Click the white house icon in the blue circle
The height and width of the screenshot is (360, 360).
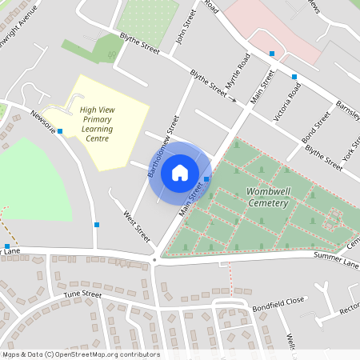coord(180,172)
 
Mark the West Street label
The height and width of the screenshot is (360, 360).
coord(137,226)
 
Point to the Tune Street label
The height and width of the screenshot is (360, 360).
coord(82,295)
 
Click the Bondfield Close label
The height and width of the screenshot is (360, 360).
coord(278,303)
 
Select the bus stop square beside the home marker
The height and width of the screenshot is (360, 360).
coord(207,179)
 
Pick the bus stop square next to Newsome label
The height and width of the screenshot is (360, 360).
coord(60,131)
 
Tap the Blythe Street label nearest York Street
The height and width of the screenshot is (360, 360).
coord(324,157)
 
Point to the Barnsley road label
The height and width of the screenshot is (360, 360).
coord(347,110)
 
